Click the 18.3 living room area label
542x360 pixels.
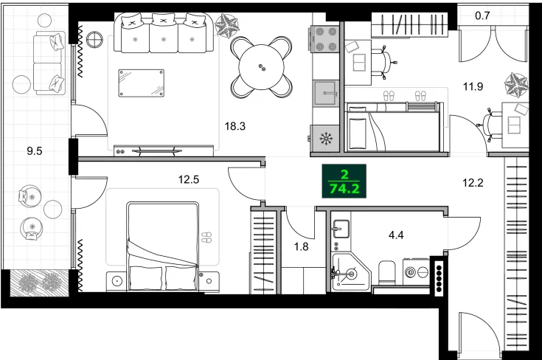235,126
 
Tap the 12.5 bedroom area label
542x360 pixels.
190,178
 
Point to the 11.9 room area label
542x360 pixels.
473,86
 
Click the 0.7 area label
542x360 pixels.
483,14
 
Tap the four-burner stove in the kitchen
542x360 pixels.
325,39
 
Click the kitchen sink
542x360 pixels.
324,93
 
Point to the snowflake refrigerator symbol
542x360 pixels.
324,137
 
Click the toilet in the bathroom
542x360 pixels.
385,272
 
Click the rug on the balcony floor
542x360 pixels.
41,281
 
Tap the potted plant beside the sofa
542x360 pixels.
226,28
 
